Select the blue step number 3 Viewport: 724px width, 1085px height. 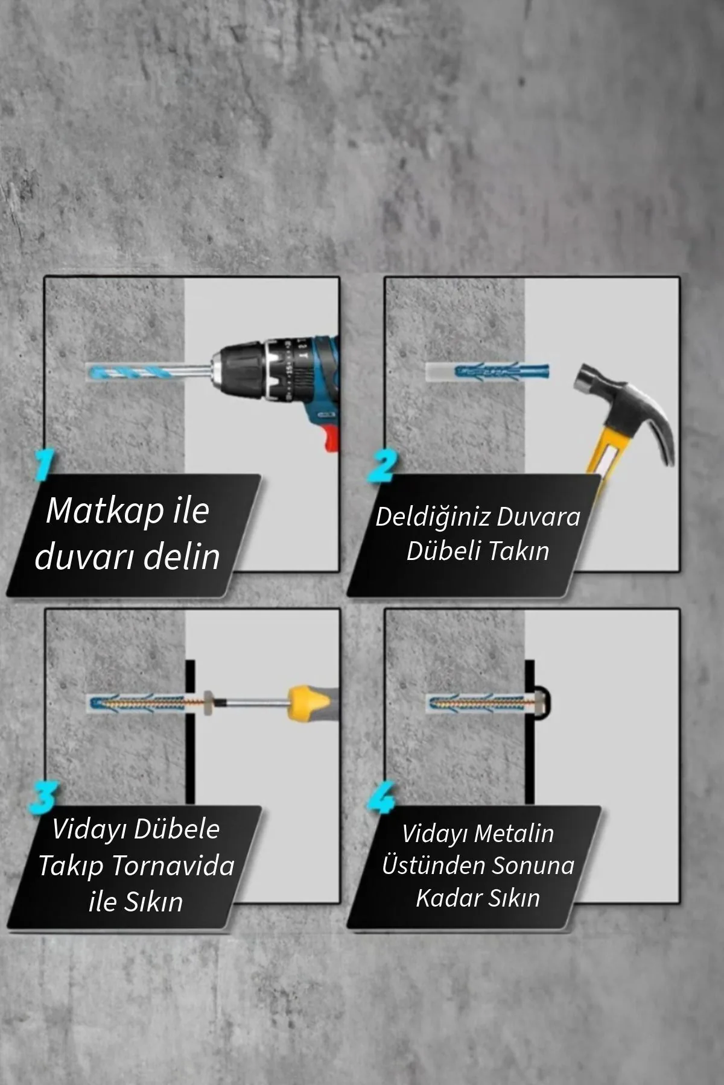tap(43, 797)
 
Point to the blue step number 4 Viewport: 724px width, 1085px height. tap(381, 797)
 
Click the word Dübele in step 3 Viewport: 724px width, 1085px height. tap(177, 829)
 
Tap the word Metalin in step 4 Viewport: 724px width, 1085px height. tap(514, 834)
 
